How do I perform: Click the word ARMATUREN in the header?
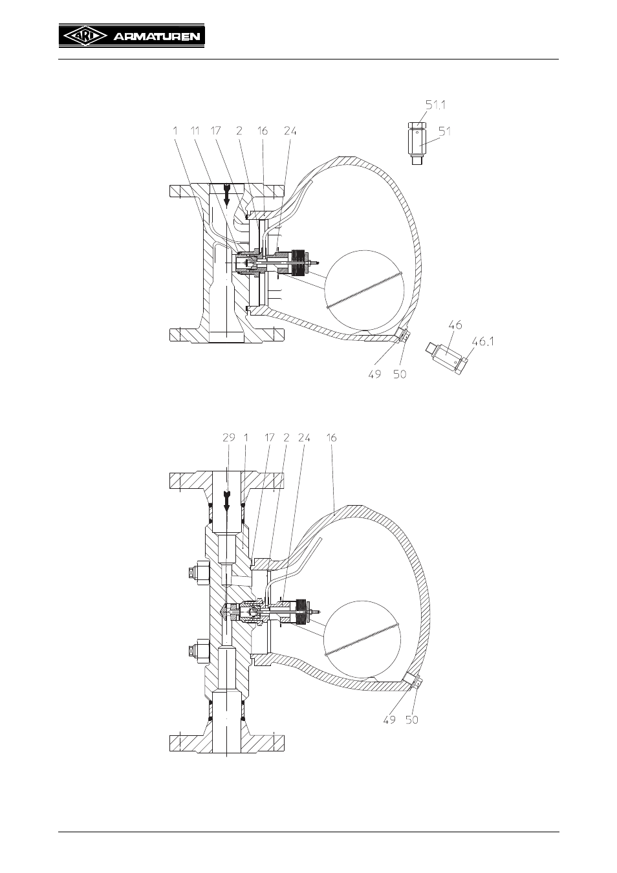[x=157, y=37]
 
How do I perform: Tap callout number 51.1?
[x=435, y=105]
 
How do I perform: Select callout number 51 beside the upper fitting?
[x=445, y=131]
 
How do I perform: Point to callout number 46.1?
[x=483, y=341]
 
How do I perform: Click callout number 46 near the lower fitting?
[x=455, y=325]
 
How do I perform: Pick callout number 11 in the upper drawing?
[x=195, y=131]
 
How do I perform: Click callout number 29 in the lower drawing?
[x=229, y=438]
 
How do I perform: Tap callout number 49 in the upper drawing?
[x=374, y=374]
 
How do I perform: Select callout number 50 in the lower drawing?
[x=411, y=720]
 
